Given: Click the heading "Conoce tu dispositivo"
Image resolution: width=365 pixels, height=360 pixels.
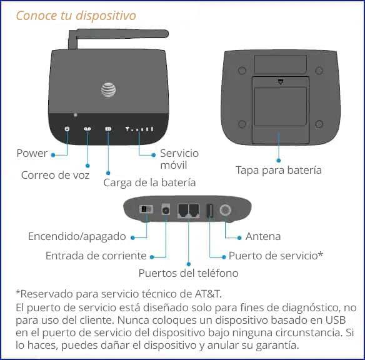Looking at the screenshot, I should point(75,15).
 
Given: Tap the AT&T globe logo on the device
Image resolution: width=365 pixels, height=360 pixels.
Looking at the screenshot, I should point(109,89).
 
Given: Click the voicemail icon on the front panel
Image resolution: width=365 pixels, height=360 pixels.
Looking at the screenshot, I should point(88,129).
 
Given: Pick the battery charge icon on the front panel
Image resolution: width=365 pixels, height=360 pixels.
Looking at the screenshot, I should point(108,129).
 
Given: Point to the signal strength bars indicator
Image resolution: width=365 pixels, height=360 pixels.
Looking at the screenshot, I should point(139,129).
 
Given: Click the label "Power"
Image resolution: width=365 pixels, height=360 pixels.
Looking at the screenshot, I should point(32,153).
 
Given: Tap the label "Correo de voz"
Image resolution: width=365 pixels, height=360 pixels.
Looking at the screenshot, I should point(55,175).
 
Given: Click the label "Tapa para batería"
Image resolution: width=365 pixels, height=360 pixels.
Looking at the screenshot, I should point(279,170).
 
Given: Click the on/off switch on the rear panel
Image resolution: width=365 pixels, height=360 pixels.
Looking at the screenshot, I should point(144,209).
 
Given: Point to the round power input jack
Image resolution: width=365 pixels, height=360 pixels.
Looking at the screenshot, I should point(166,211).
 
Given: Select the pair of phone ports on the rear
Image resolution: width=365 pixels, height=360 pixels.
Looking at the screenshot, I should point(188,211).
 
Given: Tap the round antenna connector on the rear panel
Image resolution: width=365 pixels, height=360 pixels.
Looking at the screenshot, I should point(224,211).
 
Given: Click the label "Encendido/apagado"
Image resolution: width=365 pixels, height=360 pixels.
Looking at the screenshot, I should point(77,237).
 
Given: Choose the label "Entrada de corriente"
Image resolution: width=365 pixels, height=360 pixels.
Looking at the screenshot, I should point(96,256).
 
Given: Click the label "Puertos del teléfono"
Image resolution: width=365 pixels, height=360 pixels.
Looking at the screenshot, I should point(188,273).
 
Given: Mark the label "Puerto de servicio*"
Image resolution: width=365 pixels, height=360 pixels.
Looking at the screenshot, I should point(276,256).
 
